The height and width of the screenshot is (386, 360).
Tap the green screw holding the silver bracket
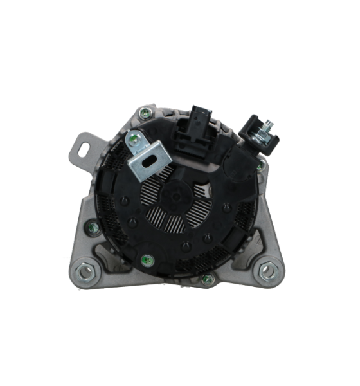coord(133,138)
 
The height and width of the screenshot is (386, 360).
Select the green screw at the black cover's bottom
coord(146,261)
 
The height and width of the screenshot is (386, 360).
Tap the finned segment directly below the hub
coord(174,232)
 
